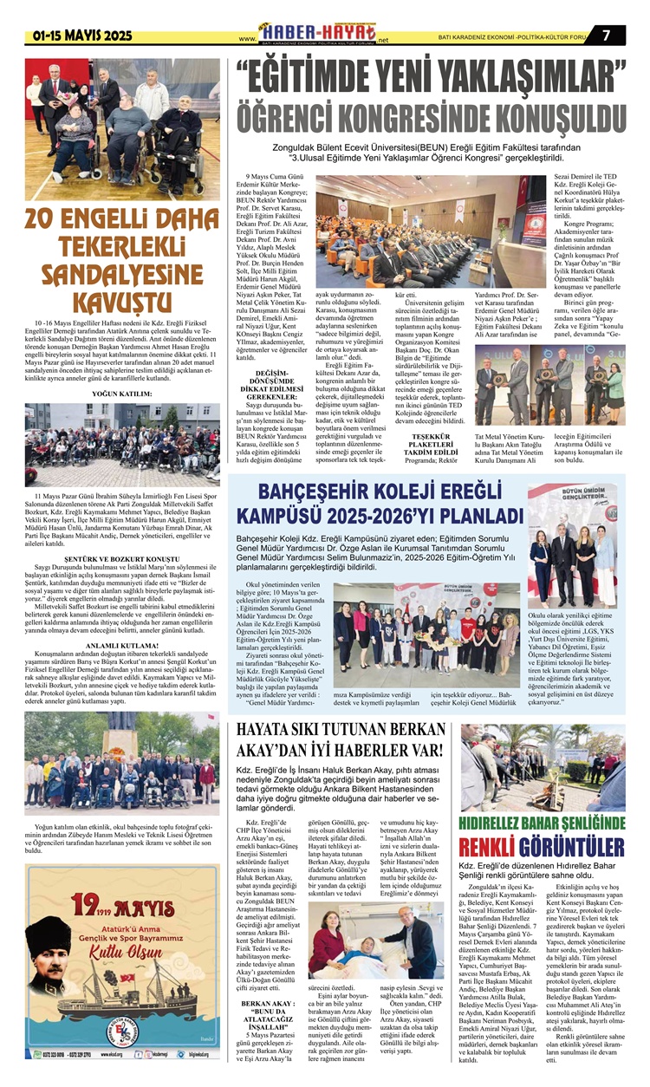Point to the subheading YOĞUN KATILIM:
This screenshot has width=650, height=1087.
[x=122, y=394]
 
